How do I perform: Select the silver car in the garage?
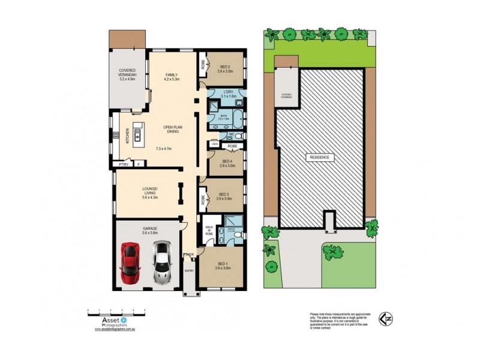[x=160, y=262]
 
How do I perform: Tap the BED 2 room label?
[x=225, y=68]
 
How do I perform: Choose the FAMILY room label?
[x=172, y=76]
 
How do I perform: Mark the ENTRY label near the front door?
[x=190, y=271]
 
